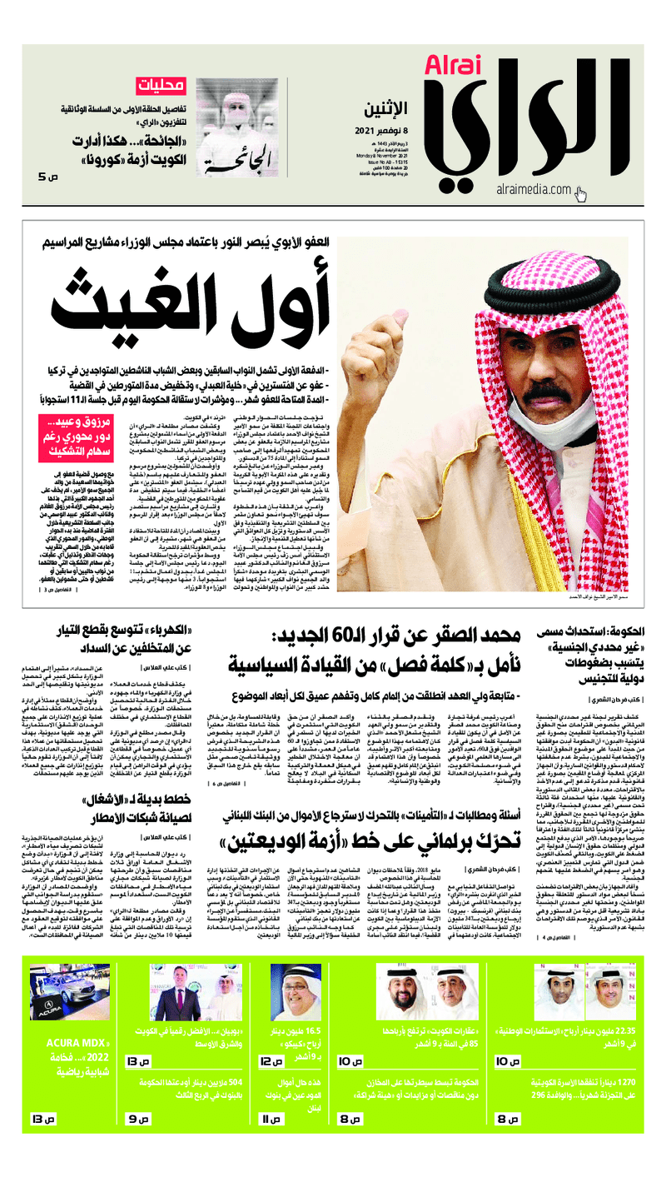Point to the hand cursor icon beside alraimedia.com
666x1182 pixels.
580,195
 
